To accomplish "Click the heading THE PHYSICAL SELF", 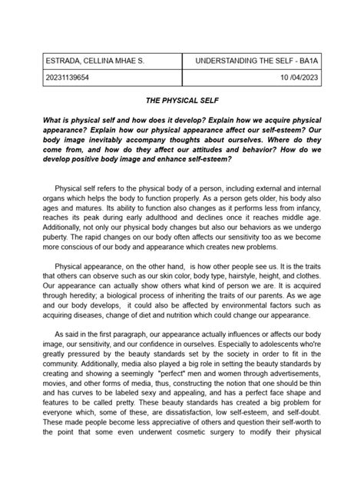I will pos(182,101).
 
